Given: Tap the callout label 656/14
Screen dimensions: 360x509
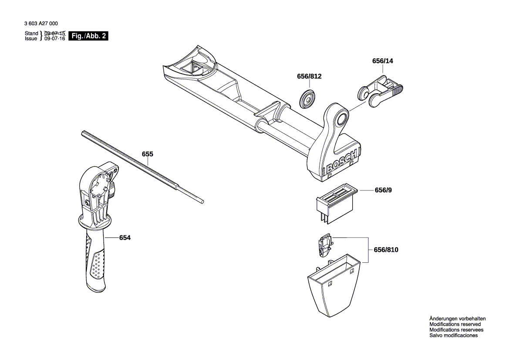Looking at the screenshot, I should click(x=382, y=61).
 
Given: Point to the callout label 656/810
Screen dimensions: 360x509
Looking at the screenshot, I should click(x=386, y=250).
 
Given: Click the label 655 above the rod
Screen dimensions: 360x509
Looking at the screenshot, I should click(x=148, y=154).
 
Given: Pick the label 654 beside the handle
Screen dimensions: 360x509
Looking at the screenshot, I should click(x=125, y=238).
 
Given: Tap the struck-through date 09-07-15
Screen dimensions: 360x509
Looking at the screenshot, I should click(x=54, y=34).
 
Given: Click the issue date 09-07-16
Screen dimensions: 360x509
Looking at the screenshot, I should click(x=54, y=39).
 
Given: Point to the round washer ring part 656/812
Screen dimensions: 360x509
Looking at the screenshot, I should click(x=308, y=98).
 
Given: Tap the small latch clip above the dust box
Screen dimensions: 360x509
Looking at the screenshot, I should click(x=324, y=245).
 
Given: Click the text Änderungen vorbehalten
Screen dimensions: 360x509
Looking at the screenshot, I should click(x=457, y=319).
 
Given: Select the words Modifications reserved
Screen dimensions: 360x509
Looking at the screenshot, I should click(x=455, y=324).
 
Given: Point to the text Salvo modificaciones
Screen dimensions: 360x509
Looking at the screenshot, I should click(x=453, y=336).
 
